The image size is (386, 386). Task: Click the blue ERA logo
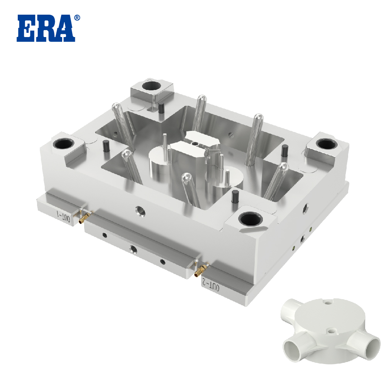(46, 28)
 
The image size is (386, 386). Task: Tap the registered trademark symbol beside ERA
(77, 18)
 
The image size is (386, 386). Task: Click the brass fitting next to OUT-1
(85, 217)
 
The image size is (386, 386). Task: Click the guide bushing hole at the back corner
(151, 86)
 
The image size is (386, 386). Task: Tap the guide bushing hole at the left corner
(63, 144)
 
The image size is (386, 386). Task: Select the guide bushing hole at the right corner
(327, 144)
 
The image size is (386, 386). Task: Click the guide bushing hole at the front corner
(251, 219)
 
